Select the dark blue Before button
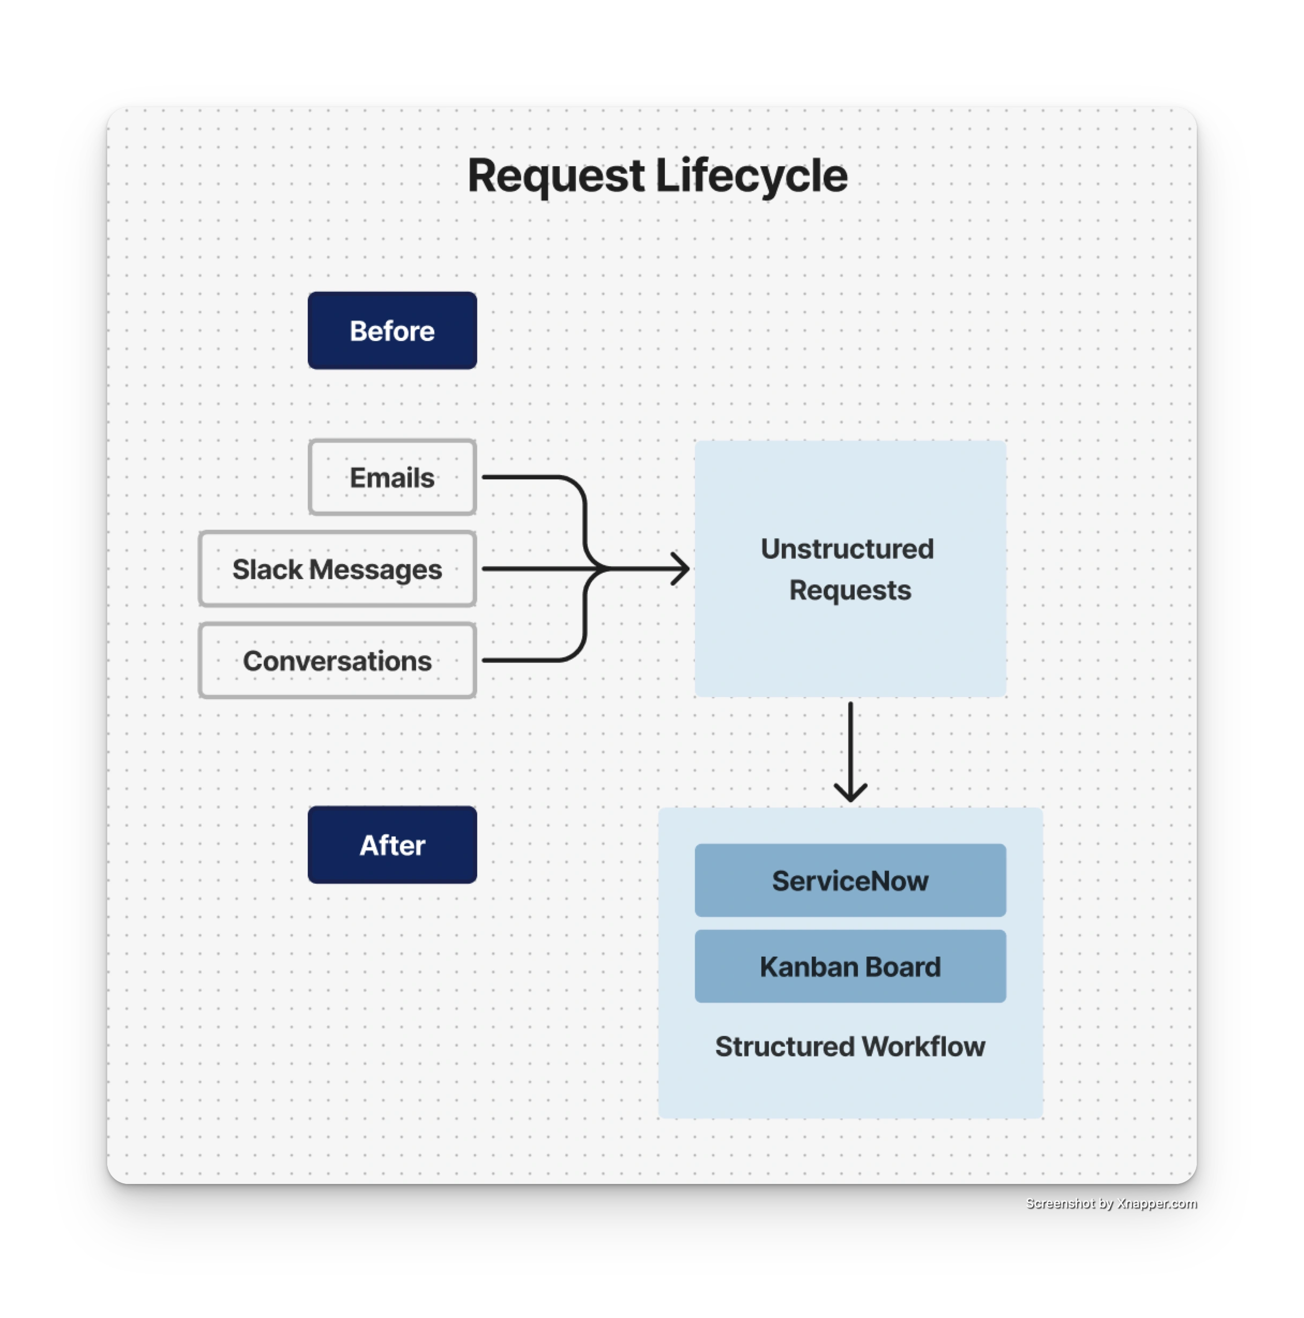392,331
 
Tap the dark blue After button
392,845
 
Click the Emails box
392,478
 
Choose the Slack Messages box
337,569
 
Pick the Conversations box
337,661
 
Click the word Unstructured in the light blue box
847,549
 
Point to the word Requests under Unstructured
850,590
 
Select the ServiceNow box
850,880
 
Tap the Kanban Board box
850,967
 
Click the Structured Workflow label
850,1047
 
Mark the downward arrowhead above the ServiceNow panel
850,794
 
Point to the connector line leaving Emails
525,477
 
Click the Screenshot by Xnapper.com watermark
1110,1203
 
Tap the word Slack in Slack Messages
268,569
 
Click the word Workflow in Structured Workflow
923,1047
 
